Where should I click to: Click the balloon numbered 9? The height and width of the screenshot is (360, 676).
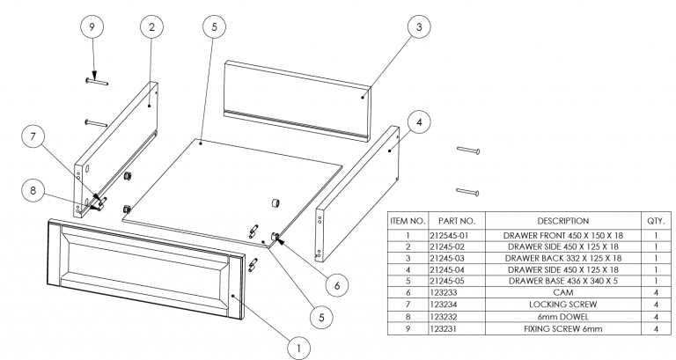[91, 27]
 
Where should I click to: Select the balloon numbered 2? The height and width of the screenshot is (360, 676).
[151, 27]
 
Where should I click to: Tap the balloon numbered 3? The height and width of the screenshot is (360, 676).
[420, 27]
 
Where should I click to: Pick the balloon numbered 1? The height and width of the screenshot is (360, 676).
[299, 349]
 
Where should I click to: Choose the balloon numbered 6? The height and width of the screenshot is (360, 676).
[336, 283]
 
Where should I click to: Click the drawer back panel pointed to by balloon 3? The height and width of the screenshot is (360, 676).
[295, 92]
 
